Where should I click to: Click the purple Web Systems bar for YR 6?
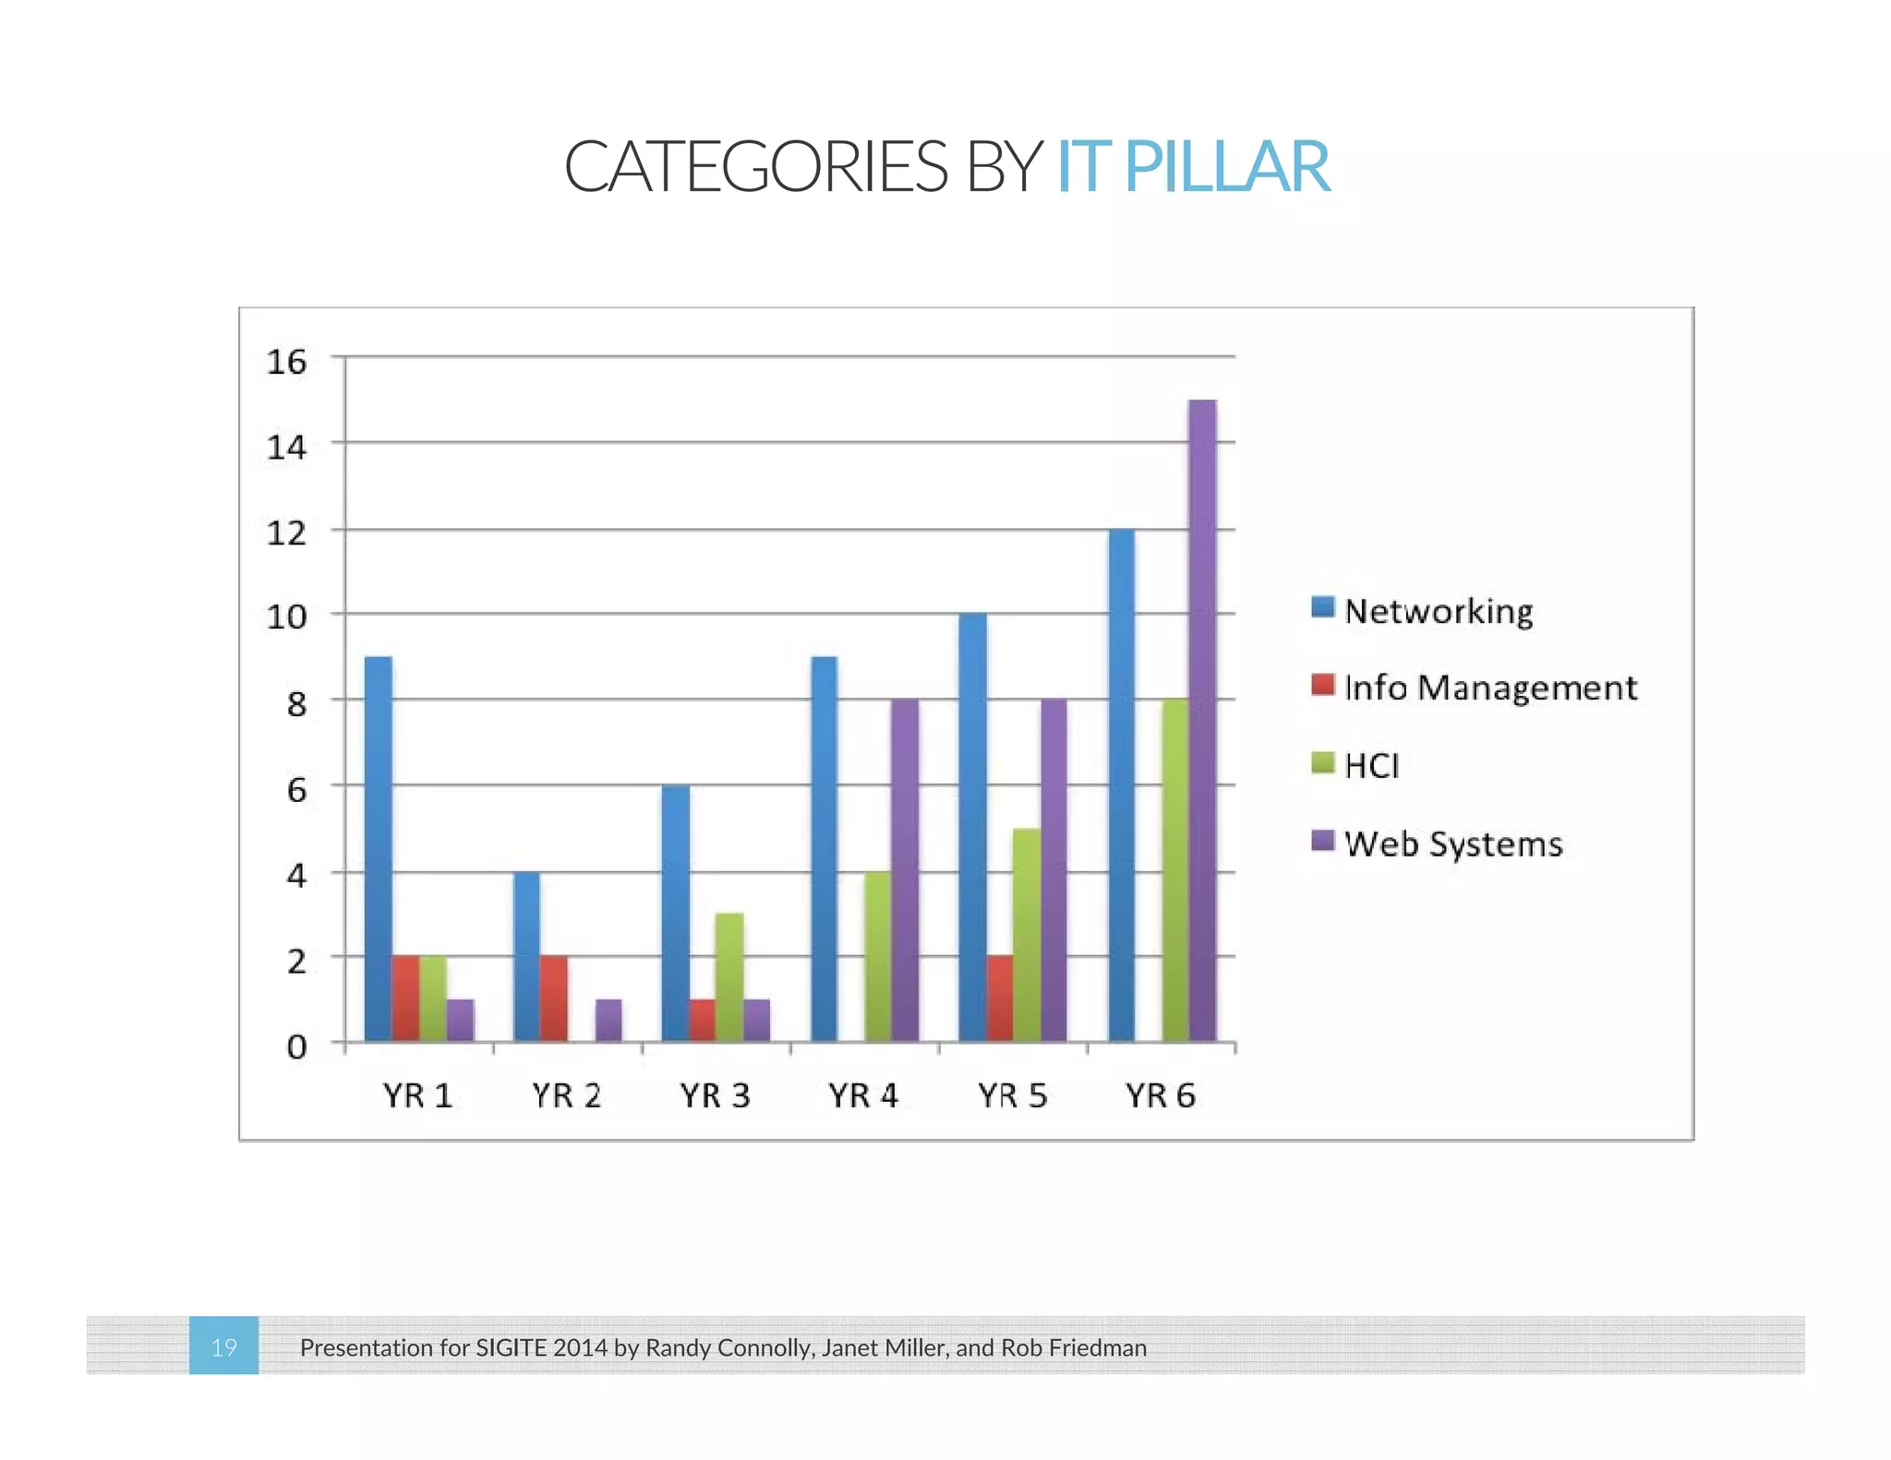[x=1202, y=720]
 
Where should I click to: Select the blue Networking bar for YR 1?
[x=379, y=849]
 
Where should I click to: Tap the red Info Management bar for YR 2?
[x=554, y=999]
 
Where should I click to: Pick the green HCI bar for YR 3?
[x=729, y=977]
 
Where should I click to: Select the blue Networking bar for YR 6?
[x=1121, y=785]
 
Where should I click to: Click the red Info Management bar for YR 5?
[x=1000, y=999]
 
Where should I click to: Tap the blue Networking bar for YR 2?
[x=527, y=956]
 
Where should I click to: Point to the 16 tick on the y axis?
[x=286, y=361]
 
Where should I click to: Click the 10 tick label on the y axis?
[x=286, y=616]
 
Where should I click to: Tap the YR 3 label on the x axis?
[x=715, y=1095]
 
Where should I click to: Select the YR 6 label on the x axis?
[x=1161, y=1095]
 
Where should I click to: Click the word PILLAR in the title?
[x=1227, y=167]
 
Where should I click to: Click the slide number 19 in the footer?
[x=223, y=1347]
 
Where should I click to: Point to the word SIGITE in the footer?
[x=511, y=1347]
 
